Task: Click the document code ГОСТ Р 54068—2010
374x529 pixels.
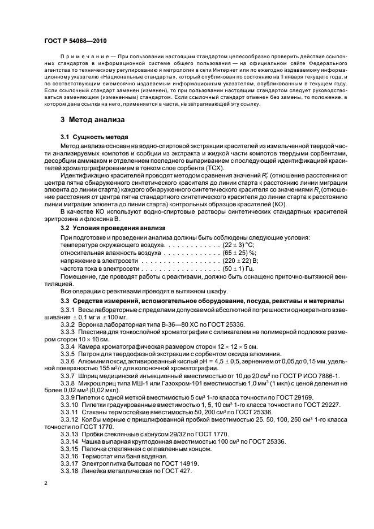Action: [x=75, y=41]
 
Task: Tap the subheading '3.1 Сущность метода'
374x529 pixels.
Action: [x=94, y=137]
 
